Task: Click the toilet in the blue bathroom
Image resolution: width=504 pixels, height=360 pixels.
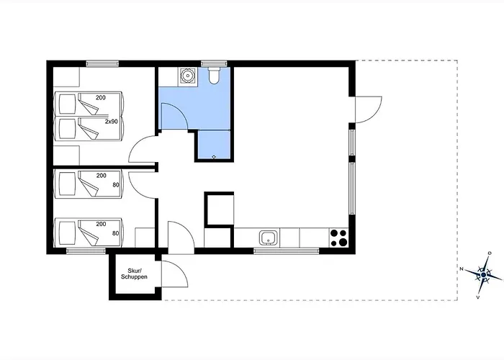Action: pyautogui.click(x=214, y=75)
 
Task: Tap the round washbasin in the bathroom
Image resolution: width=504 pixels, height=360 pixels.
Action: pyautogui.click(x=187, y=76)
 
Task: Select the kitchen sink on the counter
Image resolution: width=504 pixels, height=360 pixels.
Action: pyautogui.click(x=269, y=238)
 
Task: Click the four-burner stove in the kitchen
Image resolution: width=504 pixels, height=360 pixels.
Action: pyautogui.click(x=339, y=238)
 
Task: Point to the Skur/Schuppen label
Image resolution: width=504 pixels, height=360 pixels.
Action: pyautogui.click(x=134, y=274)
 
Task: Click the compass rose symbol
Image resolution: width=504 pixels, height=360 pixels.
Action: pyautogui.click(x=483, y=275)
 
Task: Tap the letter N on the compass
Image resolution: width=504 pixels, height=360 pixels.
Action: pyautogui.click(x=462, y=269)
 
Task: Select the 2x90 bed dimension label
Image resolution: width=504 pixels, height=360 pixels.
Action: pyautogui.click(x=112, y=122)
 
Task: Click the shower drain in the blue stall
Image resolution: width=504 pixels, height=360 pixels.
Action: pyautogui.click(x=214, y=157)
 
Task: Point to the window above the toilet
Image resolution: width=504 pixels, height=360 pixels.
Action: pyautogui.click(x=214, y=63)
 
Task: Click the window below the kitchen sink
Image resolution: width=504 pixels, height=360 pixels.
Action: pyautogui.click(x=286, y=251)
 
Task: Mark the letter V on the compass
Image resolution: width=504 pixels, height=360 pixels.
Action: pyautogui.click(x=478, y=297)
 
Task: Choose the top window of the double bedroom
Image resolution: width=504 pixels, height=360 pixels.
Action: pyautogui.click(x=102, y=63)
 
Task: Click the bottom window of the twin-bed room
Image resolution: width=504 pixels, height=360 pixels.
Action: pyautogui.click(x=86, y=251)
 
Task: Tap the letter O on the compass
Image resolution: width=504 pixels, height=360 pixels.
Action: pyautogui.click(x=490, y=253)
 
